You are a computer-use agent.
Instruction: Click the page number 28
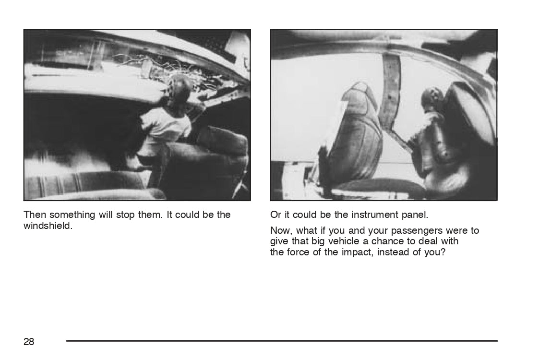(29, 341)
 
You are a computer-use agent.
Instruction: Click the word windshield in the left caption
(48, 226)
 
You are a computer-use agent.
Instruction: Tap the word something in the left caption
(72, 215)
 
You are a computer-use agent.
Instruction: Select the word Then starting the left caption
(35, 215)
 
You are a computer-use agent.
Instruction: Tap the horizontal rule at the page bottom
(282, 341)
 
